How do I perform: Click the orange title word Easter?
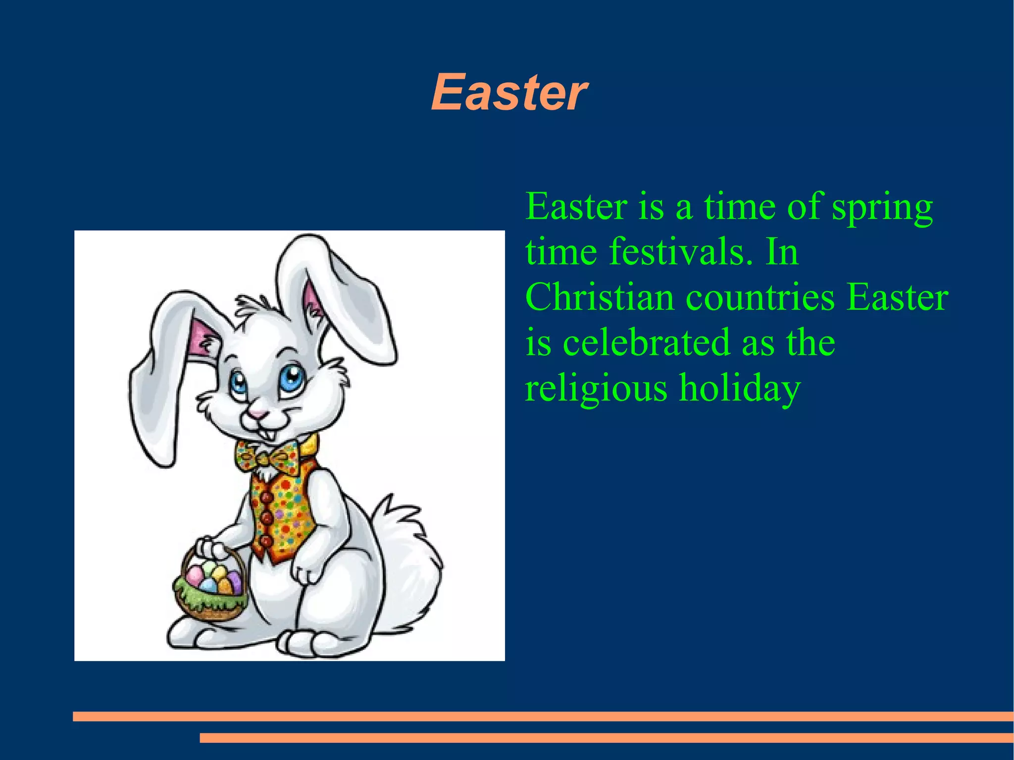coord(509,93)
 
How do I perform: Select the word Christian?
coord(600,297)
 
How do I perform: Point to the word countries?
coord(760,297)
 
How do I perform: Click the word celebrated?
coord(647,343)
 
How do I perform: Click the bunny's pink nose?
coord(257,413)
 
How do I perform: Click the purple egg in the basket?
coord(234,580)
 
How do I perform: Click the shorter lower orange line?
coord(606,738)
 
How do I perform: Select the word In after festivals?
coord(782,252)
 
